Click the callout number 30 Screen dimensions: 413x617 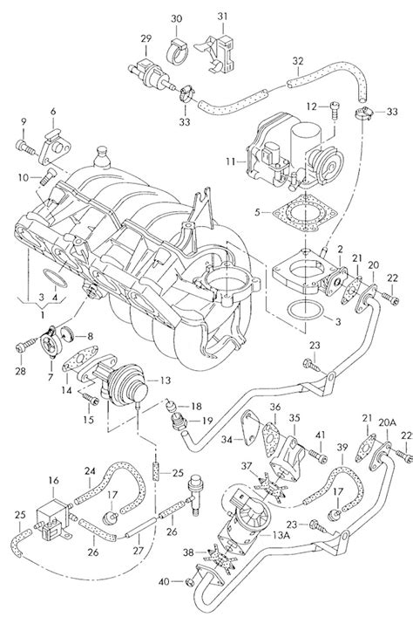click(x=176, y=18)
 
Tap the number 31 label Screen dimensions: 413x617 click(x=222, y=16)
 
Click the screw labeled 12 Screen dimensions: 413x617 click(x=335, y=108)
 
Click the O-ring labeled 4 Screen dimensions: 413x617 click(x=54, y=279)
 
